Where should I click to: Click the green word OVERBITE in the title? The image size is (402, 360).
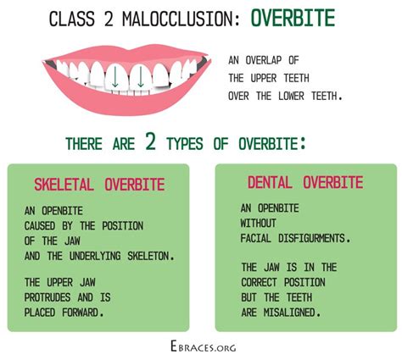(x=293, y=18)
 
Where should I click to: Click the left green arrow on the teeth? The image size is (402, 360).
(x=114, y=76)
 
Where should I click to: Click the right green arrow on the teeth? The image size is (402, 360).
(x=141, y=76)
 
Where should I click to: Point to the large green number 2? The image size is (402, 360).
(x=151, y=141)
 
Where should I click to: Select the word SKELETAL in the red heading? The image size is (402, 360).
(x=64, y=185)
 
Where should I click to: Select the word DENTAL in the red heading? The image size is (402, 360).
(x=270, y=182)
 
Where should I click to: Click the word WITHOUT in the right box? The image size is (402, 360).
(x=258, y=224)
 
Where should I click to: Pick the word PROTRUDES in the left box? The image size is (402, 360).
(x=47, y=297)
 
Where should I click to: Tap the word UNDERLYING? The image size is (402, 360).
(x=95, y=256)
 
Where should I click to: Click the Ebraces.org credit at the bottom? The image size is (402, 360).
(x=204, y=346)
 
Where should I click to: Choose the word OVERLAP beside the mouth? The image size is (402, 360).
(x=264, y=60)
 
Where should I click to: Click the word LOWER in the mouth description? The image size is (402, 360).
(x=291, y=96)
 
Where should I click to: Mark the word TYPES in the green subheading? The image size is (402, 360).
(x=185, y=144)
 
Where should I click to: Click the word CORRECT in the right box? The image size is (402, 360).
(x=259, y=282)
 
